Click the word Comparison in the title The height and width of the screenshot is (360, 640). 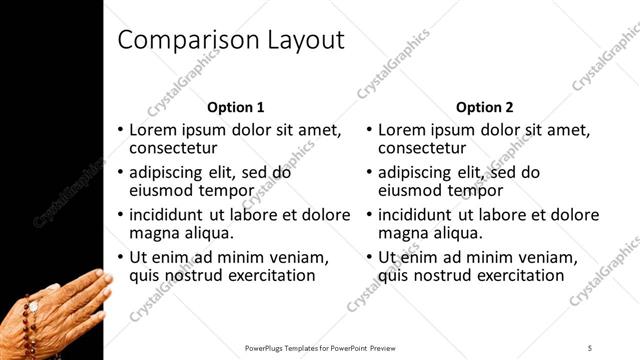pyautogui.click(x=185, y=40)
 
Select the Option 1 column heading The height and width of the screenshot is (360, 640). pyautogui.click(x=236, y=107)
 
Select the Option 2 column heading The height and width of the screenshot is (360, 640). pyautogui.click(x=484, y=107)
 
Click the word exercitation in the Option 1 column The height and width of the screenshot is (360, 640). pyautogui.click(x=266, y=275)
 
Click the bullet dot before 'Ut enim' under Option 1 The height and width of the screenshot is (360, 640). pyautogui.click(x=121, y=257)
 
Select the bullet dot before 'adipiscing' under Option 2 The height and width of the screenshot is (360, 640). pyautogui.click(x=370, y=172)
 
